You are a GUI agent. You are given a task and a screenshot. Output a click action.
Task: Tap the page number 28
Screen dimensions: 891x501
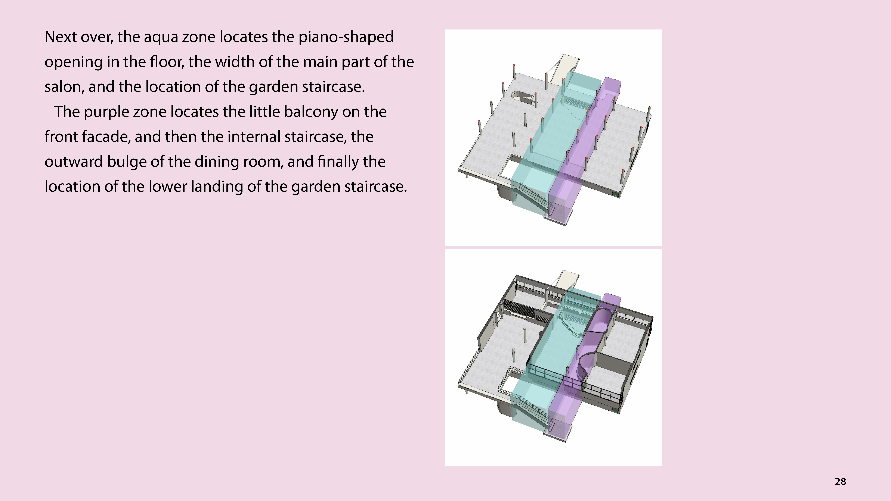840,482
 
